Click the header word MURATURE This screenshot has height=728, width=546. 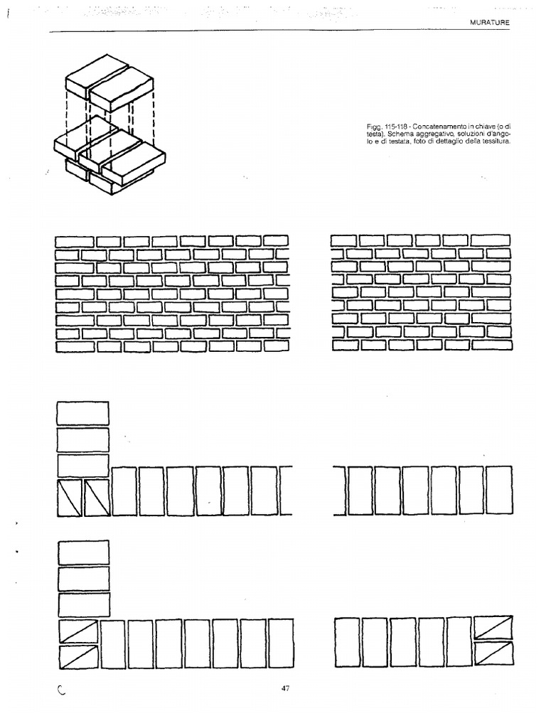tap(491, 23)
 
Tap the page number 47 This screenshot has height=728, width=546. tap(286, 688)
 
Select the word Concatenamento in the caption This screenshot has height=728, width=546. tap(425, 126)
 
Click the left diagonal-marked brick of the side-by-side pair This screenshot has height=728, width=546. tap(70, 497)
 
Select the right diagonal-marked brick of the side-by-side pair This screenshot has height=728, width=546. tap(97, 497)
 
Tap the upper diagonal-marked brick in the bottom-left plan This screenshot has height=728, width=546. tap(78, 631)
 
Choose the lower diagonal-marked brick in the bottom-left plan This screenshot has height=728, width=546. tap(78, 657)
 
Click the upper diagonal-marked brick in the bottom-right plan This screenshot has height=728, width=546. tap(493, 628)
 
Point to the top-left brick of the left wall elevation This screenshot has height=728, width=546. tap(74, 241)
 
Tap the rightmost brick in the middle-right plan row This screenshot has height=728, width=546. tap(500, 491)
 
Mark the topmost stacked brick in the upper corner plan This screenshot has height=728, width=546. tap(82, 413)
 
